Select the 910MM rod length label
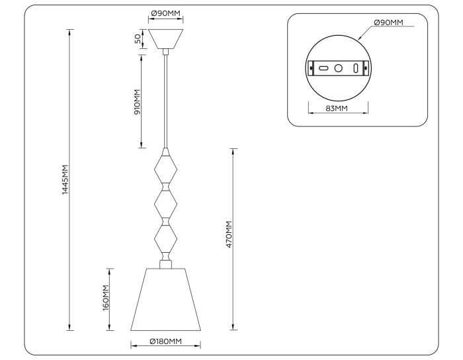click(x=138, y=101)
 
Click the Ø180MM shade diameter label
click(x=165, y=341)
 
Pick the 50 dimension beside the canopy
click(x=138, y=39)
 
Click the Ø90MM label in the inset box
click(x=388, y=22)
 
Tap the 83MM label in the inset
click(x=337, y=109)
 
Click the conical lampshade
click(x=165, y=299)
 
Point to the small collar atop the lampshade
click(x=165, y=265)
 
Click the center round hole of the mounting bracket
click(x=338, y=67)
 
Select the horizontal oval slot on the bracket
click(x=323, y=67)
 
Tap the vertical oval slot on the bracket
click(x=356, y=67)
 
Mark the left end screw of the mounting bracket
click(x=312, y=67)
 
